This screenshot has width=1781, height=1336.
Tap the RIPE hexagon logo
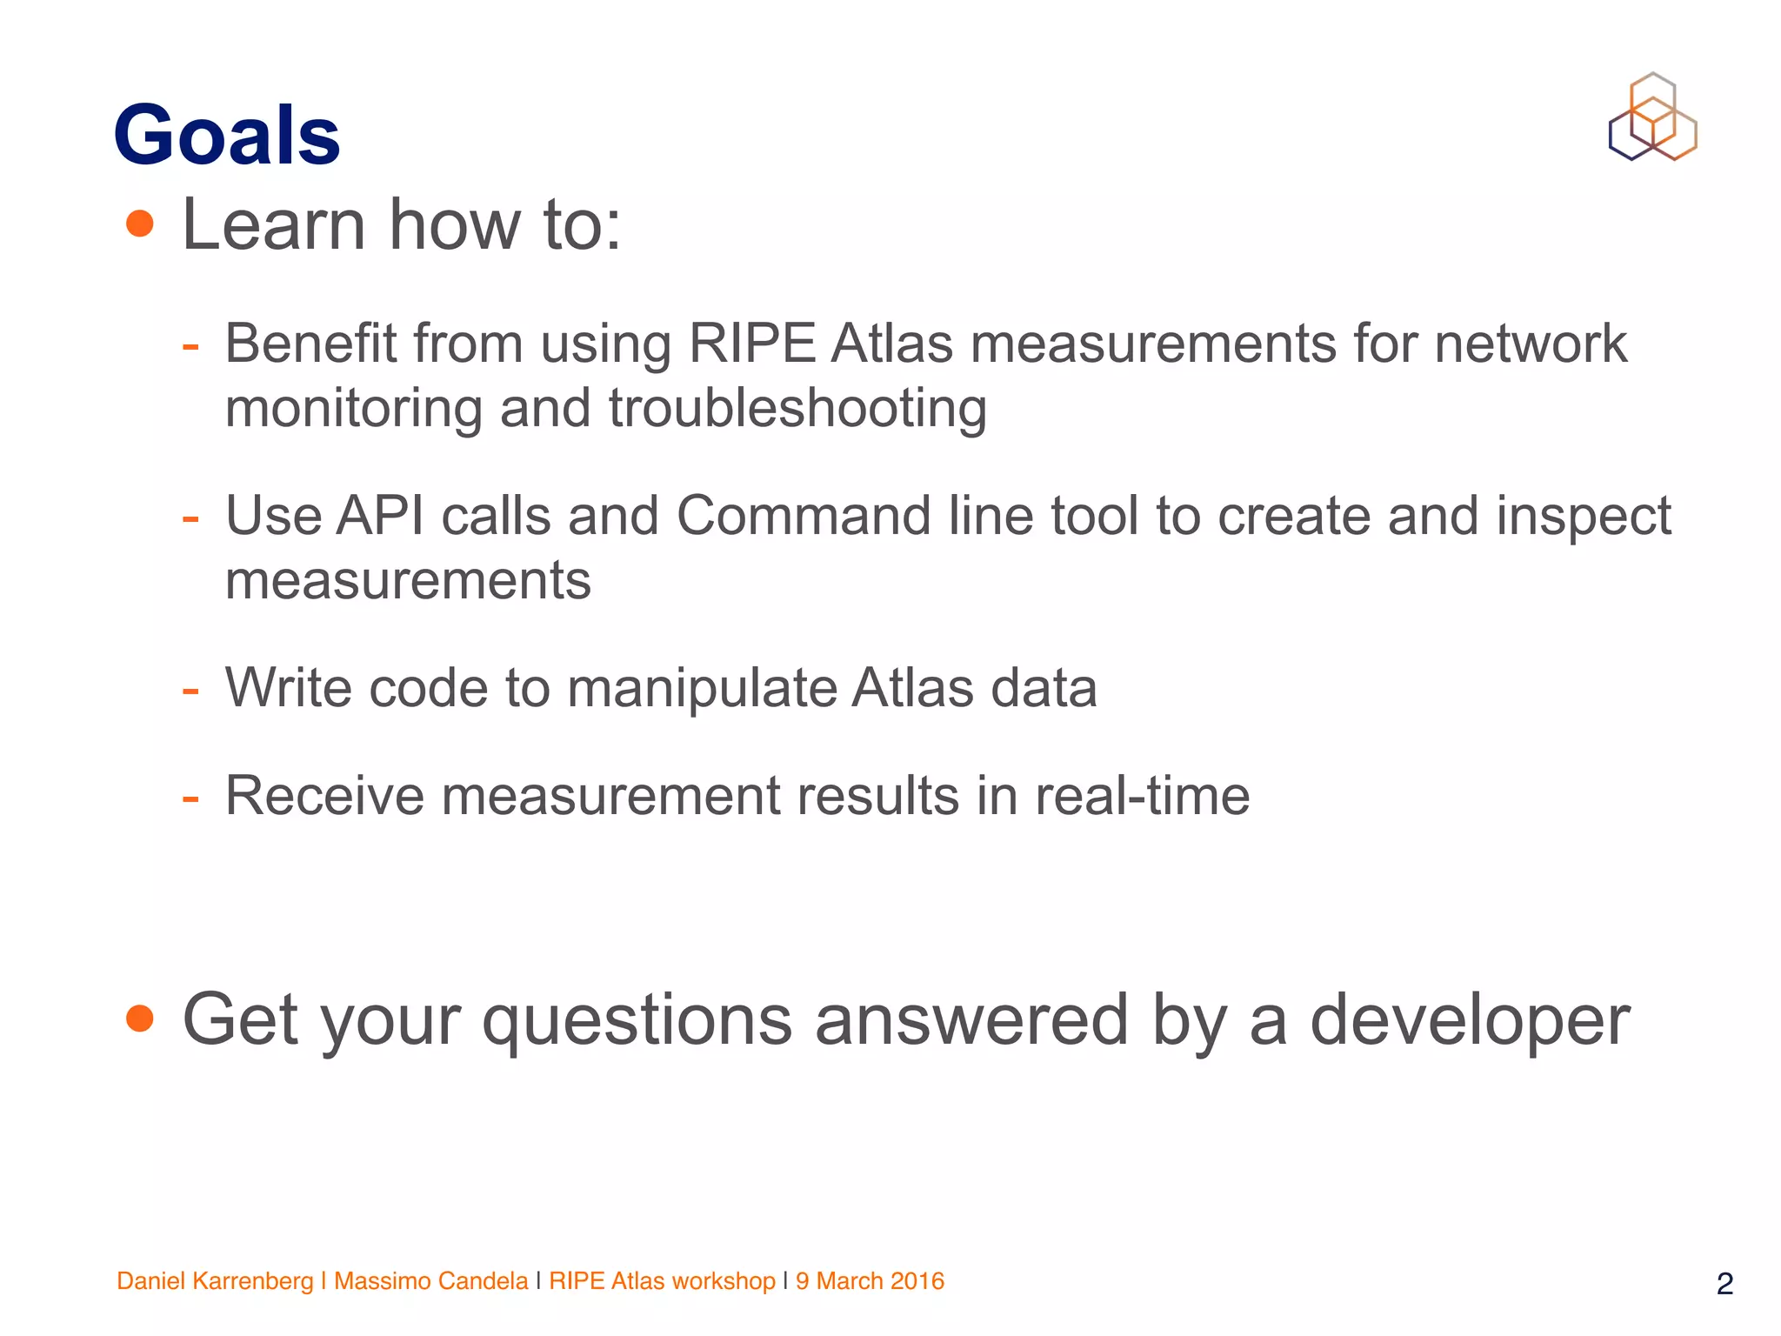(x=1652, y=117)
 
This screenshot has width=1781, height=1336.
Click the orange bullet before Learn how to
(x=139, y=224)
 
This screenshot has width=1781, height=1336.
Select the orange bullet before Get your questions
(x=139, y=1018)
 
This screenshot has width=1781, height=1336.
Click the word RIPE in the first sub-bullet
(x=751, y=344)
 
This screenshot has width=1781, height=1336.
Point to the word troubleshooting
(x=797, y=409)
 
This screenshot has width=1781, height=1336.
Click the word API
(x=380, y=516)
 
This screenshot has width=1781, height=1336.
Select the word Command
(x=803, y=516)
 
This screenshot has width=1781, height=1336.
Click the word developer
(x=1470, y=1020)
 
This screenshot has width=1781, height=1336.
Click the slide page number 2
(x=1725, y=1284)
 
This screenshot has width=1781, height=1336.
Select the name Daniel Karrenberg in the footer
(x=215, y=1281)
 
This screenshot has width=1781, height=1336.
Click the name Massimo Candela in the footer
(x=430, y=1281)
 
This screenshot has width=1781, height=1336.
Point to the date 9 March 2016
(x=870, y=1281)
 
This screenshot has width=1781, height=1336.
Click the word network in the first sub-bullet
(x=1531, y=344)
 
